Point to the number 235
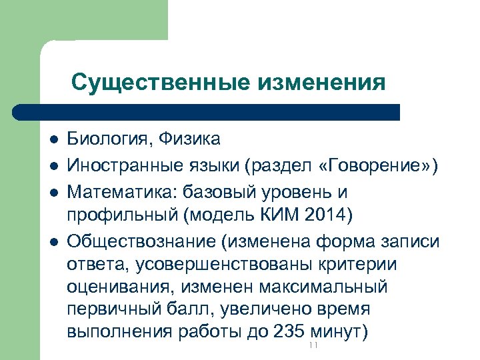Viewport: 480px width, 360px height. coord(290,331)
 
